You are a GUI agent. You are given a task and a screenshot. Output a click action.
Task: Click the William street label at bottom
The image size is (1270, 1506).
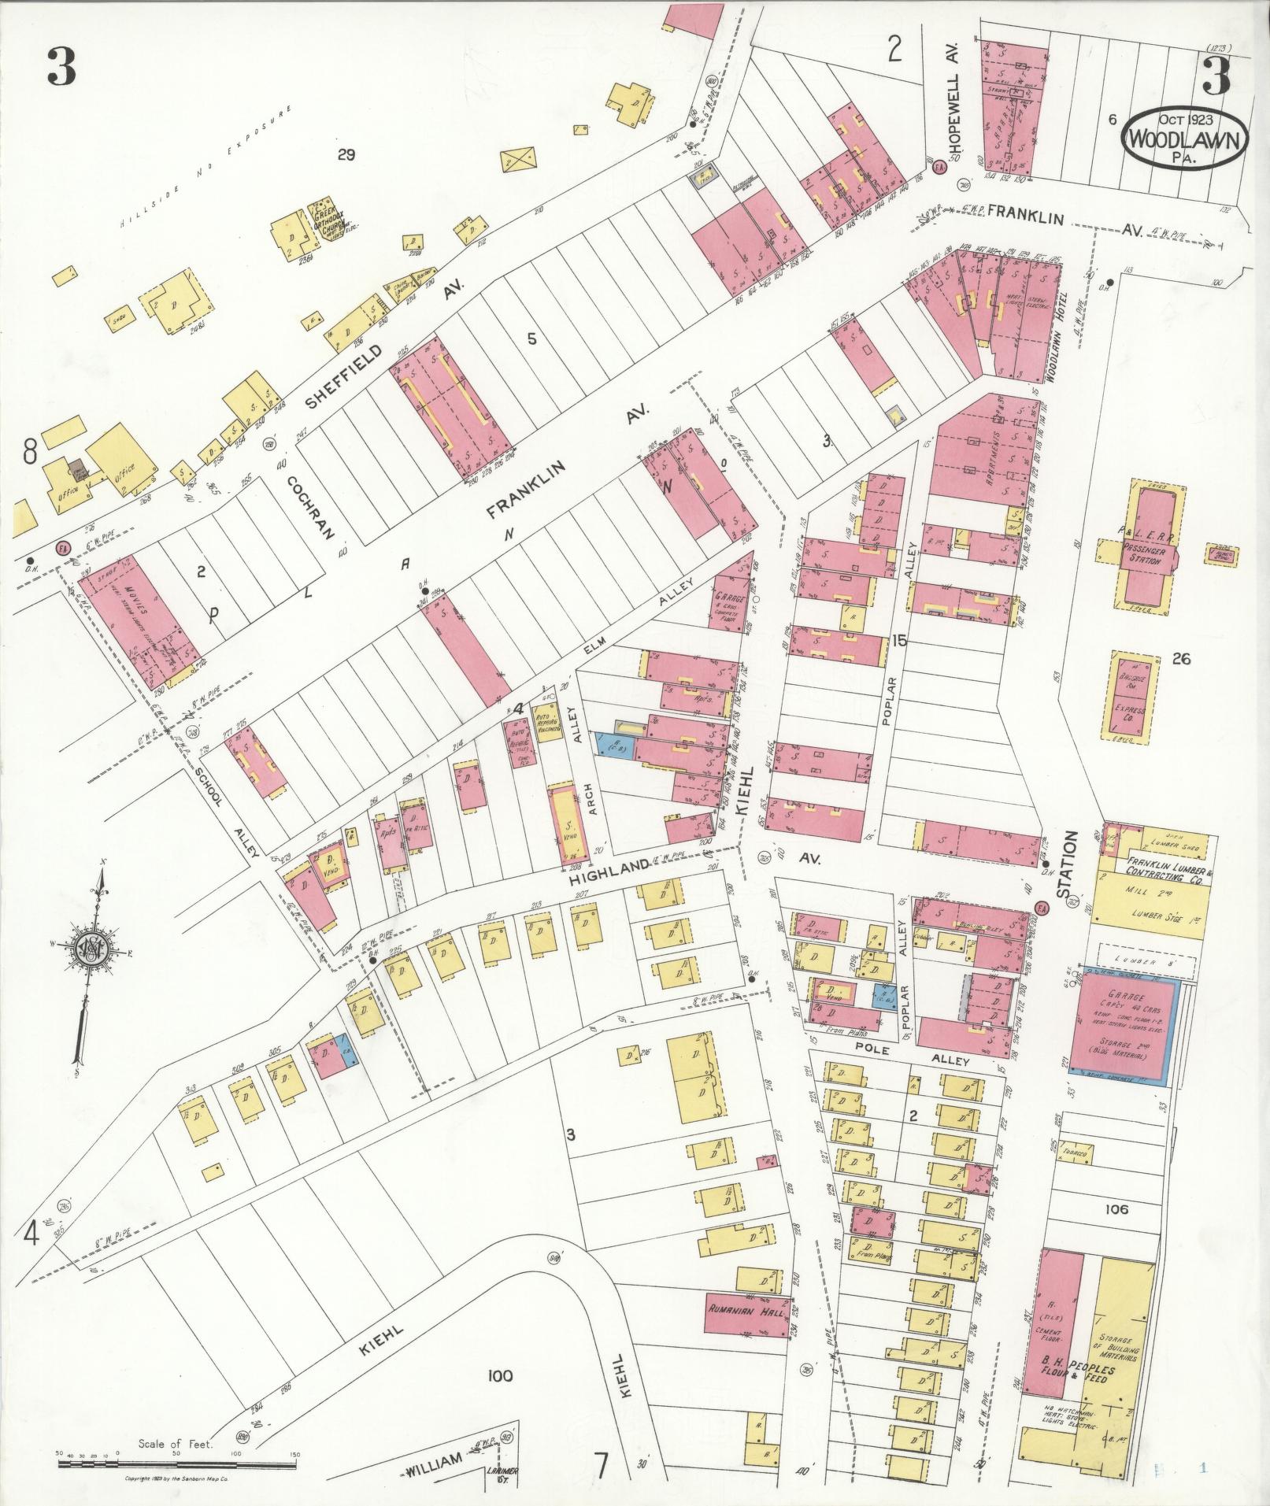[434, 1460]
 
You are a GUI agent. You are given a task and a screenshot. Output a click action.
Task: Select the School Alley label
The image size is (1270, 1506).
[224, 812]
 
